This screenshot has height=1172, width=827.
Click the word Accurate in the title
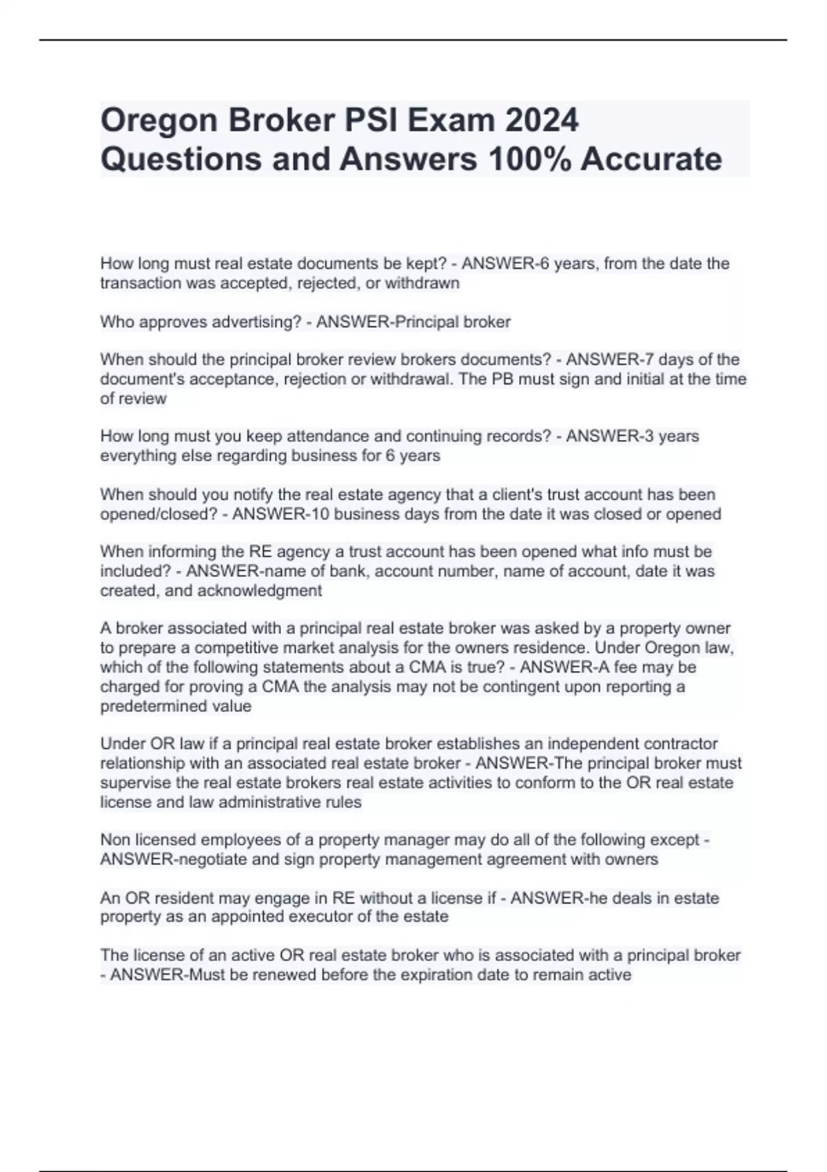coord(651,159)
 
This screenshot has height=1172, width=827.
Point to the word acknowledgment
coord(260,590)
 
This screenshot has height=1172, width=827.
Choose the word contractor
coord(680,743)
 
